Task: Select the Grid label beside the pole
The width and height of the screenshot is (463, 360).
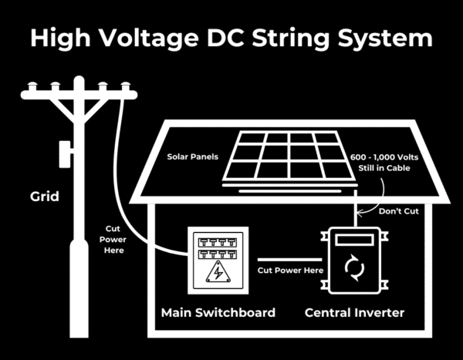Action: click(45, 197)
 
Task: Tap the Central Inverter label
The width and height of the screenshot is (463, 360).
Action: click(354, 312)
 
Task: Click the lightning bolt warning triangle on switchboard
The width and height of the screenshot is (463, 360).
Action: click(218, 274)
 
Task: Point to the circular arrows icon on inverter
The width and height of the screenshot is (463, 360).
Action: click(354, 268)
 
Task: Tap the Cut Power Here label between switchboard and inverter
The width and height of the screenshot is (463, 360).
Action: click(289, 271)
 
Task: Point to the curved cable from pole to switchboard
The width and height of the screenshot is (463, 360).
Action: click(122, 170)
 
